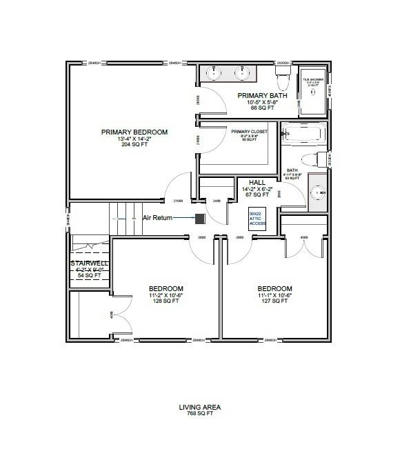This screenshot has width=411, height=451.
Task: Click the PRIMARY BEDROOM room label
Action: tap(134, 132)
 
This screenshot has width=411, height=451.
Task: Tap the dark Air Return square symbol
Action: tap(200, 219)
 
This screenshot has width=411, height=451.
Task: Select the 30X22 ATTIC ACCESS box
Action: tap(257, 219)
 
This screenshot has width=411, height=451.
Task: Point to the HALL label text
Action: tap(257, 182)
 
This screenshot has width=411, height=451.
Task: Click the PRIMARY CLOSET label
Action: tap(249, 132)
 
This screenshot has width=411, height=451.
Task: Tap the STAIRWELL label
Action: tap(86, 263)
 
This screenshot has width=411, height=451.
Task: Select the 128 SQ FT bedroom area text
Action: tap(166, 301)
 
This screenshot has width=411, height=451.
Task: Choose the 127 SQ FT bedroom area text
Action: tap(274, 301)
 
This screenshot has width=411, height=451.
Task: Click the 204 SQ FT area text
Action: tap(134, 146)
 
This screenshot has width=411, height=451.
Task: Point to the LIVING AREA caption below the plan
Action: tap(200, 408)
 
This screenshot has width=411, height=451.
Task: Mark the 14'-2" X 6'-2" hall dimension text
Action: tap(257, 188)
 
